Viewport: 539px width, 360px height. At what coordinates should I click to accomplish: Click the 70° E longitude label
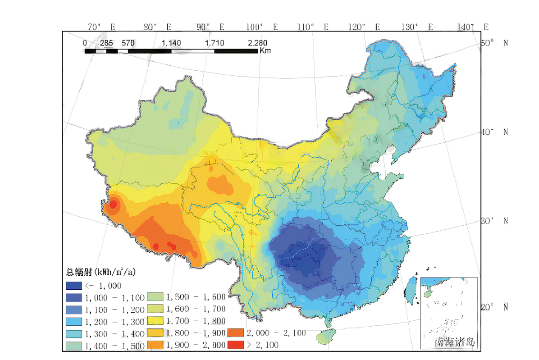point(101,27)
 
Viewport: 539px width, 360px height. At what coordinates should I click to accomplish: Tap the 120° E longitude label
point(364,27)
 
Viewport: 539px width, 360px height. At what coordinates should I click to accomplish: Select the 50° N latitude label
point(494,43)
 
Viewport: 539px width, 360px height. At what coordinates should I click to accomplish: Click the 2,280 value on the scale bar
point(257,43)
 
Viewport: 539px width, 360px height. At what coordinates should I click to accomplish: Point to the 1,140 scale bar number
point(171,43)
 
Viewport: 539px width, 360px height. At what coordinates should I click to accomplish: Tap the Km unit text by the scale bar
point(265,51)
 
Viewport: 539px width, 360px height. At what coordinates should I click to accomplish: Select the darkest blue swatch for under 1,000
point(73,285)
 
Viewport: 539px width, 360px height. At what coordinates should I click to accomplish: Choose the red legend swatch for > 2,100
point(235,345)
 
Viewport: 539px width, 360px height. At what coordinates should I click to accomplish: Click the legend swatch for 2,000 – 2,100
point(235,333)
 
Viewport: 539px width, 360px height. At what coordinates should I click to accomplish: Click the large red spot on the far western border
point(113,205)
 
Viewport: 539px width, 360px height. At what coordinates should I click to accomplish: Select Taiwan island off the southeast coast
point(411,289)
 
